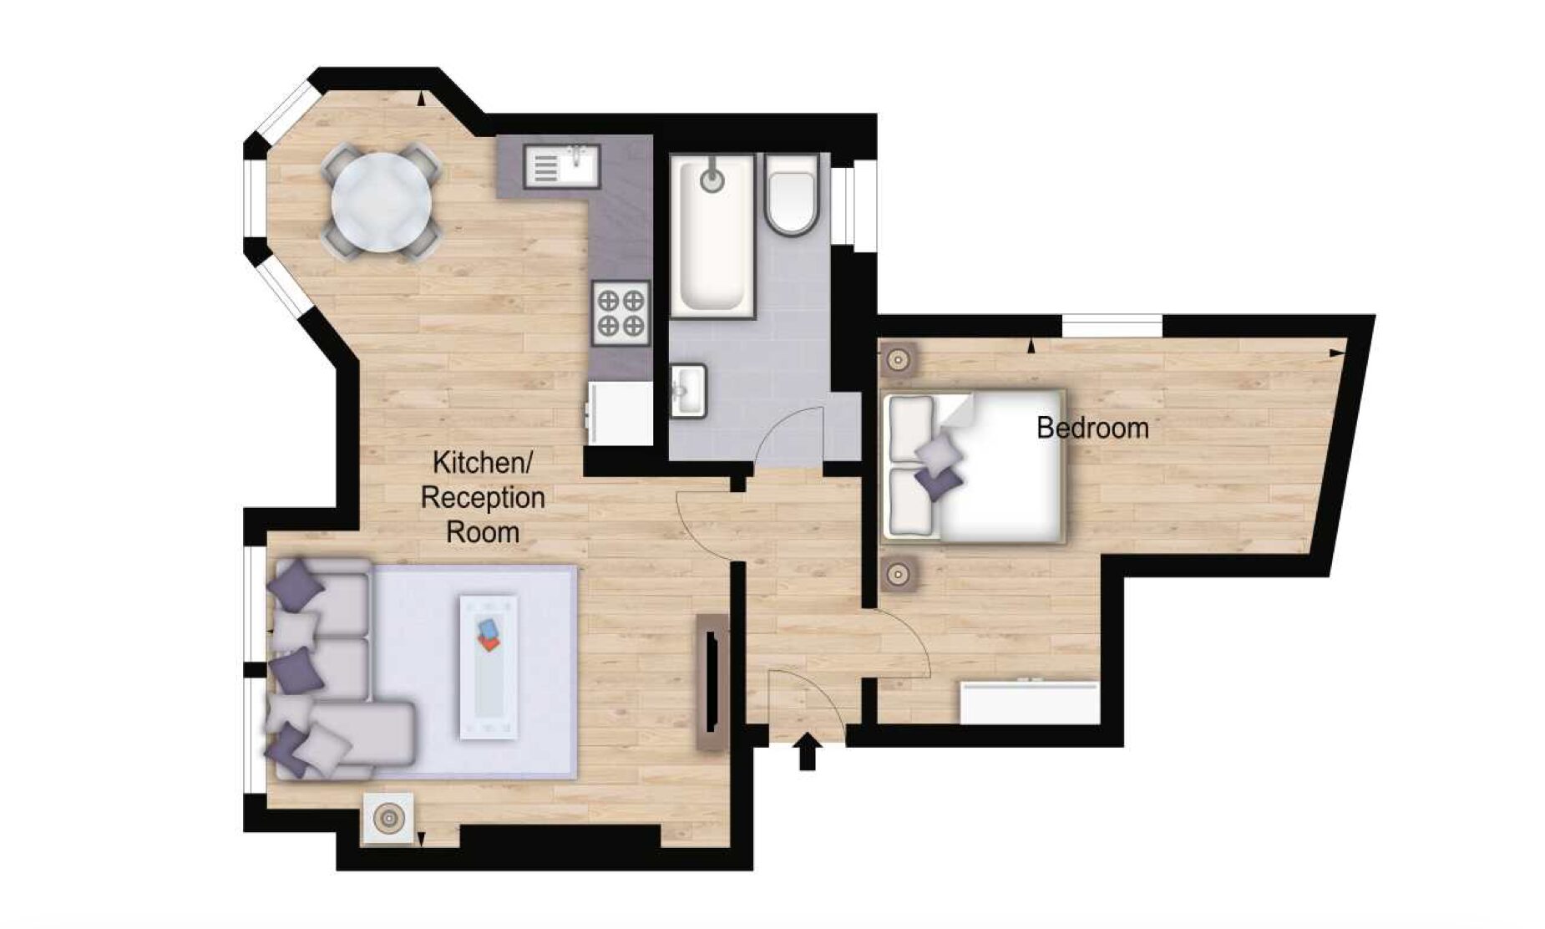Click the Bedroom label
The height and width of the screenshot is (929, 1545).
[1092, 428]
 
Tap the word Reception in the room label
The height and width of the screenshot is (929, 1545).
[483, 497]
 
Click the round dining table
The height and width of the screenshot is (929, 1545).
[382, 202]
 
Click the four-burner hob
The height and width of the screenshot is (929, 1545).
[621, 313]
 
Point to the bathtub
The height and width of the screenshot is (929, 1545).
[712, 235]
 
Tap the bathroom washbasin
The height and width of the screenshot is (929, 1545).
[688, 390]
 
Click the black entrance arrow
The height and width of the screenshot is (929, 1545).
[807, 751]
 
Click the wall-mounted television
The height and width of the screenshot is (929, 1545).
[712, 681]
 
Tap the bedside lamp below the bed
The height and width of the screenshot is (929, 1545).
[899, 574]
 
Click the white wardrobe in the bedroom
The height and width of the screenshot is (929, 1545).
[1030, 703]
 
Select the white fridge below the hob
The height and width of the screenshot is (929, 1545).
[621, 414]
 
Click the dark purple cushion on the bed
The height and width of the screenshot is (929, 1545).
[939, 482]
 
